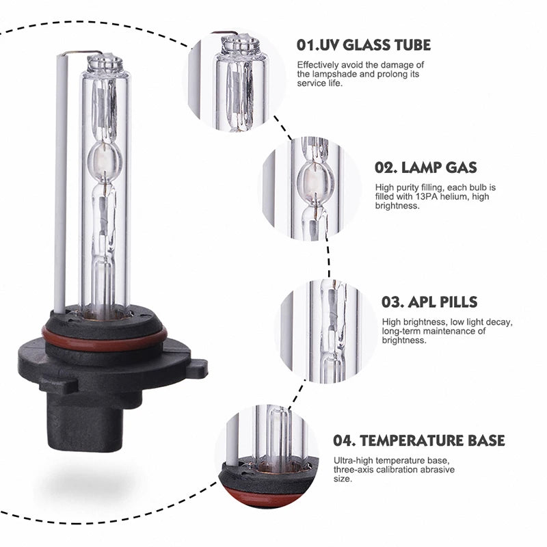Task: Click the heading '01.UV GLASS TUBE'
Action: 364,45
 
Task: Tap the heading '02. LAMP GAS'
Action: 425,168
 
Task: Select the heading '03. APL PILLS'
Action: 429,302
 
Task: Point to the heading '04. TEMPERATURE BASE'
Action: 418,440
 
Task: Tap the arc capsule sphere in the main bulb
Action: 105,160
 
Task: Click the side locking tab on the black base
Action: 198,368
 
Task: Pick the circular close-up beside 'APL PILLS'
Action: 328,332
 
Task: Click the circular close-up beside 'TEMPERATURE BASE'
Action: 268,457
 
